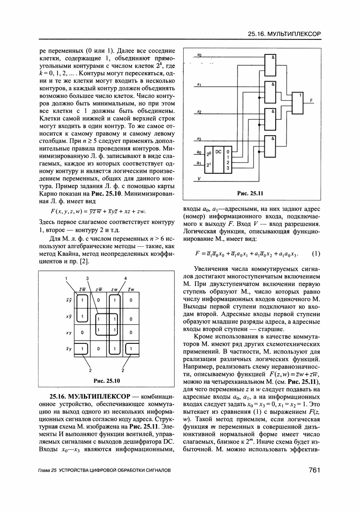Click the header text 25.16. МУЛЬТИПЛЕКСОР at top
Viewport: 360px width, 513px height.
(x=284, y=34)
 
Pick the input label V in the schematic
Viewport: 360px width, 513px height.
(x=198, y=179)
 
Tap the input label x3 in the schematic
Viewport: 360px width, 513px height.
(x=199, y=138)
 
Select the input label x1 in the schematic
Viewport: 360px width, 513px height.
(x=199, y=84)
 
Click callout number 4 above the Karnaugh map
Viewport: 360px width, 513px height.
(x=125, y=278)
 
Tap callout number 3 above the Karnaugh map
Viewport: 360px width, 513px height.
(x=87, y=278)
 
